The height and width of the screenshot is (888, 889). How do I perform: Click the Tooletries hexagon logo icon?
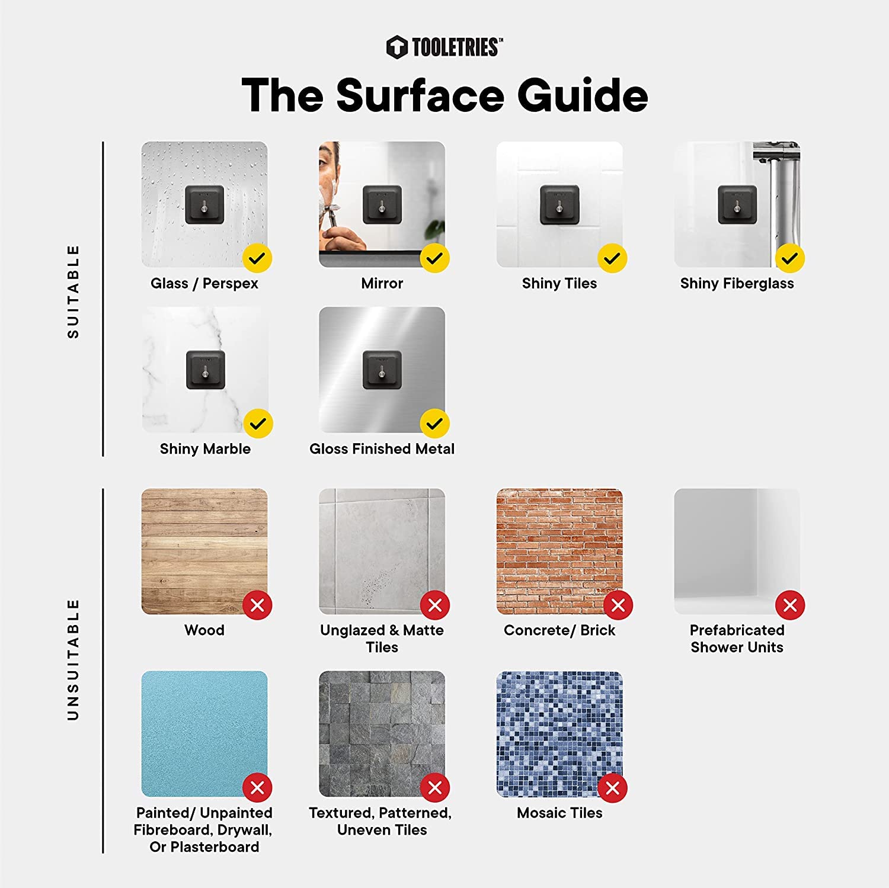[x=396, y=47]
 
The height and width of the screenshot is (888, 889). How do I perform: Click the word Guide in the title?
[x=583, y=95]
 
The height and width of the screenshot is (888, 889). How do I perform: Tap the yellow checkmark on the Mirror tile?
[x=434, y=258]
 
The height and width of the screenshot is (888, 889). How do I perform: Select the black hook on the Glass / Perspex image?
[x=204, y=205]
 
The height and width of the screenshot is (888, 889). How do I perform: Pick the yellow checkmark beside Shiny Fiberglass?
[x=789, y=258]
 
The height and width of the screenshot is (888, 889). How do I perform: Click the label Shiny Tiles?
[x=559, y=283]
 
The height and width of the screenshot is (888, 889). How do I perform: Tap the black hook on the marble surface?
[x=206, y=370]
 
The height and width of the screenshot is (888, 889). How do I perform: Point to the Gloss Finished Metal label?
[x=382, y=448]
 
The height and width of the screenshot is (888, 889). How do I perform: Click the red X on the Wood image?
[x=257, y=605]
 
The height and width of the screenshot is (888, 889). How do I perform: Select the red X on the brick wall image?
[x=618, y=605]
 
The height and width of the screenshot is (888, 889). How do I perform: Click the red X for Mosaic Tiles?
[x=612, y=788]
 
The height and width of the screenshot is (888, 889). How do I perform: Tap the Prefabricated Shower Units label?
[x=737, y=639]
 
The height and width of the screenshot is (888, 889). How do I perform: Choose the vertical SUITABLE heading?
[x=73, y=291]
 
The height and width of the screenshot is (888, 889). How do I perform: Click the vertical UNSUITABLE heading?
[x=73, y=659]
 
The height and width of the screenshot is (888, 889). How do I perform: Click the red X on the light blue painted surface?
[x=257, y=788]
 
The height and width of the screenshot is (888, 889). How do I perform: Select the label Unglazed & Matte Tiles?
[x=382, y=639]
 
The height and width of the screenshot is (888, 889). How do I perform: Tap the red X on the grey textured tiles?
[x=434, y=788]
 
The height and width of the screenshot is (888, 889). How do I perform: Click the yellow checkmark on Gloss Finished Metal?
[x=434, y=424]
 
